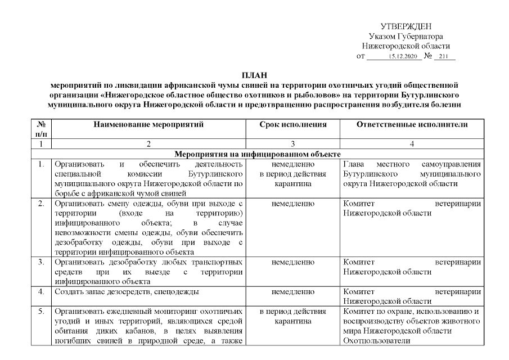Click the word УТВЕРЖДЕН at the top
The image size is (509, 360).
coord(406,26)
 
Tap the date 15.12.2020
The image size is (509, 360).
coord(401,57)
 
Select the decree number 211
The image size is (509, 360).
coord(444,57)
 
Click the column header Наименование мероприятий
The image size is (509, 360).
coord(148,124)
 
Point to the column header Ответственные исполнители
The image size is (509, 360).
coord(412,124)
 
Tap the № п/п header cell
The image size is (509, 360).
coord(40,129)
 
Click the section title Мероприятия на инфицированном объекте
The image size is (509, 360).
coord(258,154)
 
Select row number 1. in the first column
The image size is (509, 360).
coord(40,164)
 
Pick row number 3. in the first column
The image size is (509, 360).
coord(40,262)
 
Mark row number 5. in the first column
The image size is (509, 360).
coord(40,311)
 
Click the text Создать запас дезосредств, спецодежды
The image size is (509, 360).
coord(127,291)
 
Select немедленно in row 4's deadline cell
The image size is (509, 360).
coord(292,291)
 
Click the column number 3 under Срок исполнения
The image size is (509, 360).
coord(292,145)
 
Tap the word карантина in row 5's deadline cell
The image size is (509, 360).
coord(292,321)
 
